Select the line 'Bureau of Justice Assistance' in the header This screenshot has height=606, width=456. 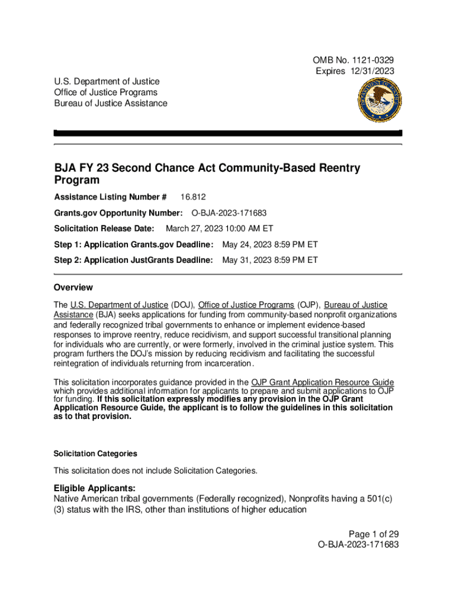pos(110,104)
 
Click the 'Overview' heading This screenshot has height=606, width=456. pos(73,288)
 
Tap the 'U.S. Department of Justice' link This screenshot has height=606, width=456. pos(119,305)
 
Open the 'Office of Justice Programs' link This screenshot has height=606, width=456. pos(246,305)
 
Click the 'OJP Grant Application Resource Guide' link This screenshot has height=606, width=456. pos(323,382)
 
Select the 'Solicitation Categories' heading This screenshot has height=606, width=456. pos(95,454)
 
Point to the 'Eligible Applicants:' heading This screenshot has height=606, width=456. pos(95,488)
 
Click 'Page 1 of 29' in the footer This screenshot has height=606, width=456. pos(373,534)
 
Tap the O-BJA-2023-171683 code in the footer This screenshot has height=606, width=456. pos(358,544)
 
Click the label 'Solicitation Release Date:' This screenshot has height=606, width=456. pos(104,228)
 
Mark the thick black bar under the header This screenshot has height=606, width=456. pos(228,133)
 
